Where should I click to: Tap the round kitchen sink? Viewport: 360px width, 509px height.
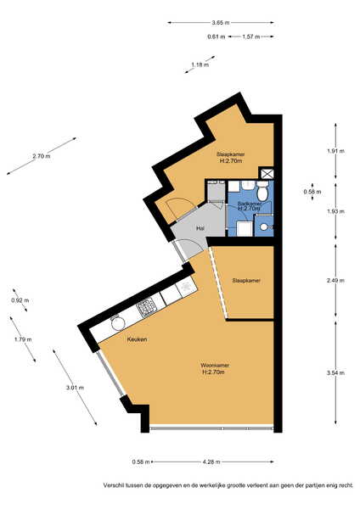(x=118, y=323)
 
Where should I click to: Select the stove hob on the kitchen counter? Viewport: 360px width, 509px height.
(x=147, y=306)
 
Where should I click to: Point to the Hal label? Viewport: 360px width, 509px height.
(x=200, y=228)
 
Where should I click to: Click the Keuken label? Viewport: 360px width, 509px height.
(x=137, y=339)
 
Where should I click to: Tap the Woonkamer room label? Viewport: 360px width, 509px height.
(x=214, y=366)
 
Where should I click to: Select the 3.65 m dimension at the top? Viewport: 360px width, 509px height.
(x=221, y=22)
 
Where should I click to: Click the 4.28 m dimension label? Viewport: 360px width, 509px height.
(x=211, y=461)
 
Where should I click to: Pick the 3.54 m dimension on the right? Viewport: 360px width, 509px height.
(x=335, y=373)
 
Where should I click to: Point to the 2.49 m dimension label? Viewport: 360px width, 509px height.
(x=335, y=281)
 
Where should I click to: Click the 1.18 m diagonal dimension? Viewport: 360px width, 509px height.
(x=200, y=64)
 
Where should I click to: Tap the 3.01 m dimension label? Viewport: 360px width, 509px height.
(x=75, y=388)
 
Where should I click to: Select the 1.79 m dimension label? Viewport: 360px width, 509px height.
(x=23, y=339)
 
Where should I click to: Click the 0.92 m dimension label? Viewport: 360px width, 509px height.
(x=20, y=300)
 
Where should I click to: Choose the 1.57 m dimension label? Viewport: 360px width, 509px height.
(x=251, y=36)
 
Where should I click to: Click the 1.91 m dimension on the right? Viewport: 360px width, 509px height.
(x=335, y=151)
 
